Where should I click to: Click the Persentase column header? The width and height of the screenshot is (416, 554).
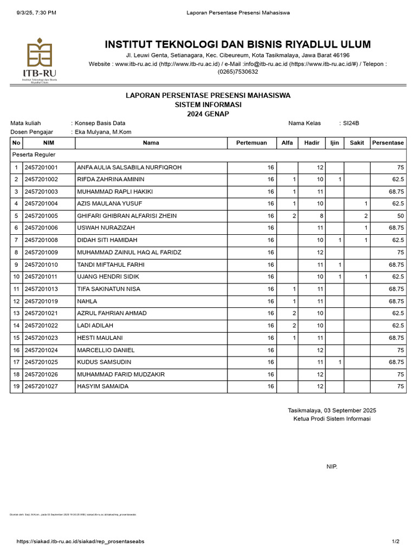point(387,143)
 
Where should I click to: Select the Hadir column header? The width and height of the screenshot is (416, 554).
point(311,143)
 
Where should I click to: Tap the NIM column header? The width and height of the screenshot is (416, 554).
point(49,143)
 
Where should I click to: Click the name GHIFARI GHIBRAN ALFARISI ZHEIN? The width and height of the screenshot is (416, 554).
point(127,216)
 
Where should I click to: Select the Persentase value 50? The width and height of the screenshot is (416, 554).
point(400,216)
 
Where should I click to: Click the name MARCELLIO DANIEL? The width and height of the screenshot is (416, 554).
point(106,350)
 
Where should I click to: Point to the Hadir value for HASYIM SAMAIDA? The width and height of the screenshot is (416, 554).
point(320,386)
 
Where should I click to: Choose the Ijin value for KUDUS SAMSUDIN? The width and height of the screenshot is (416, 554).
point(339,362)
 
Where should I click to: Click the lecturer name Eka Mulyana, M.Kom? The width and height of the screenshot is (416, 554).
point(103,132)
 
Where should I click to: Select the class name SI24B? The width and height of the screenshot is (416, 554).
point(351,123)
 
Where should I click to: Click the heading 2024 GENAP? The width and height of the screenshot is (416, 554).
point(208,114)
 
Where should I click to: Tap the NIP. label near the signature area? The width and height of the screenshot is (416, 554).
point(331,466)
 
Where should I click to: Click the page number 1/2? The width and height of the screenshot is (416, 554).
point(395,541)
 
